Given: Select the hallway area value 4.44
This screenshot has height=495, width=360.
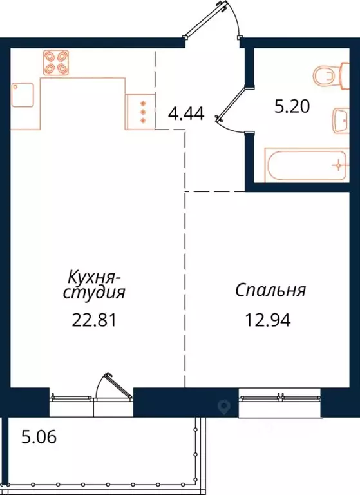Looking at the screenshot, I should [185, 115].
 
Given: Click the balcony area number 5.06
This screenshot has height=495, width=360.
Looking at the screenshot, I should [39, 438].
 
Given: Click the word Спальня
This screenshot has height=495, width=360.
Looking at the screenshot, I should [270, 290].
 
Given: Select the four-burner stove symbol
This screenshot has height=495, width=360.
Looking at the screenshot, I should [56, 63].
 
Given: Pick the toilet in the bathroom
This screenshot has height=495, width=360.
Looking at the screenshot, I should [328, 77].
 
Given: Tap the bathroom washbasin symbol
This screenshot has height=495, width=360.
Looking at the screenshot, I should [341, 119].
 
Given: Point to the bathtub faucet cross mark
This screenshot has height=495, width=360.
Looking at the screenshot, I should [337, 166].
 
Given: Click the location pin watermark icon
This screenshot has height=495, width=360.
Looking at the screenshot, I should [225, 406].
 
